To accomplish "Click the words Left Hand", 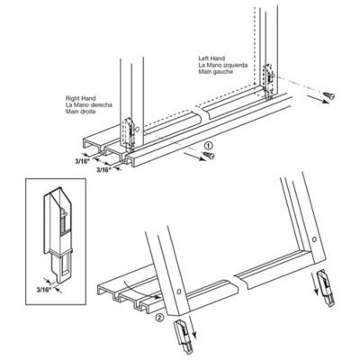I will [x=211, y=60].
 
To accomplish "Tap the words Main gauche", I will [x=214, y=75].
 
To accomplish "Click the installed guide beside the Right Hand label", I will [x=132, y=130].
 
